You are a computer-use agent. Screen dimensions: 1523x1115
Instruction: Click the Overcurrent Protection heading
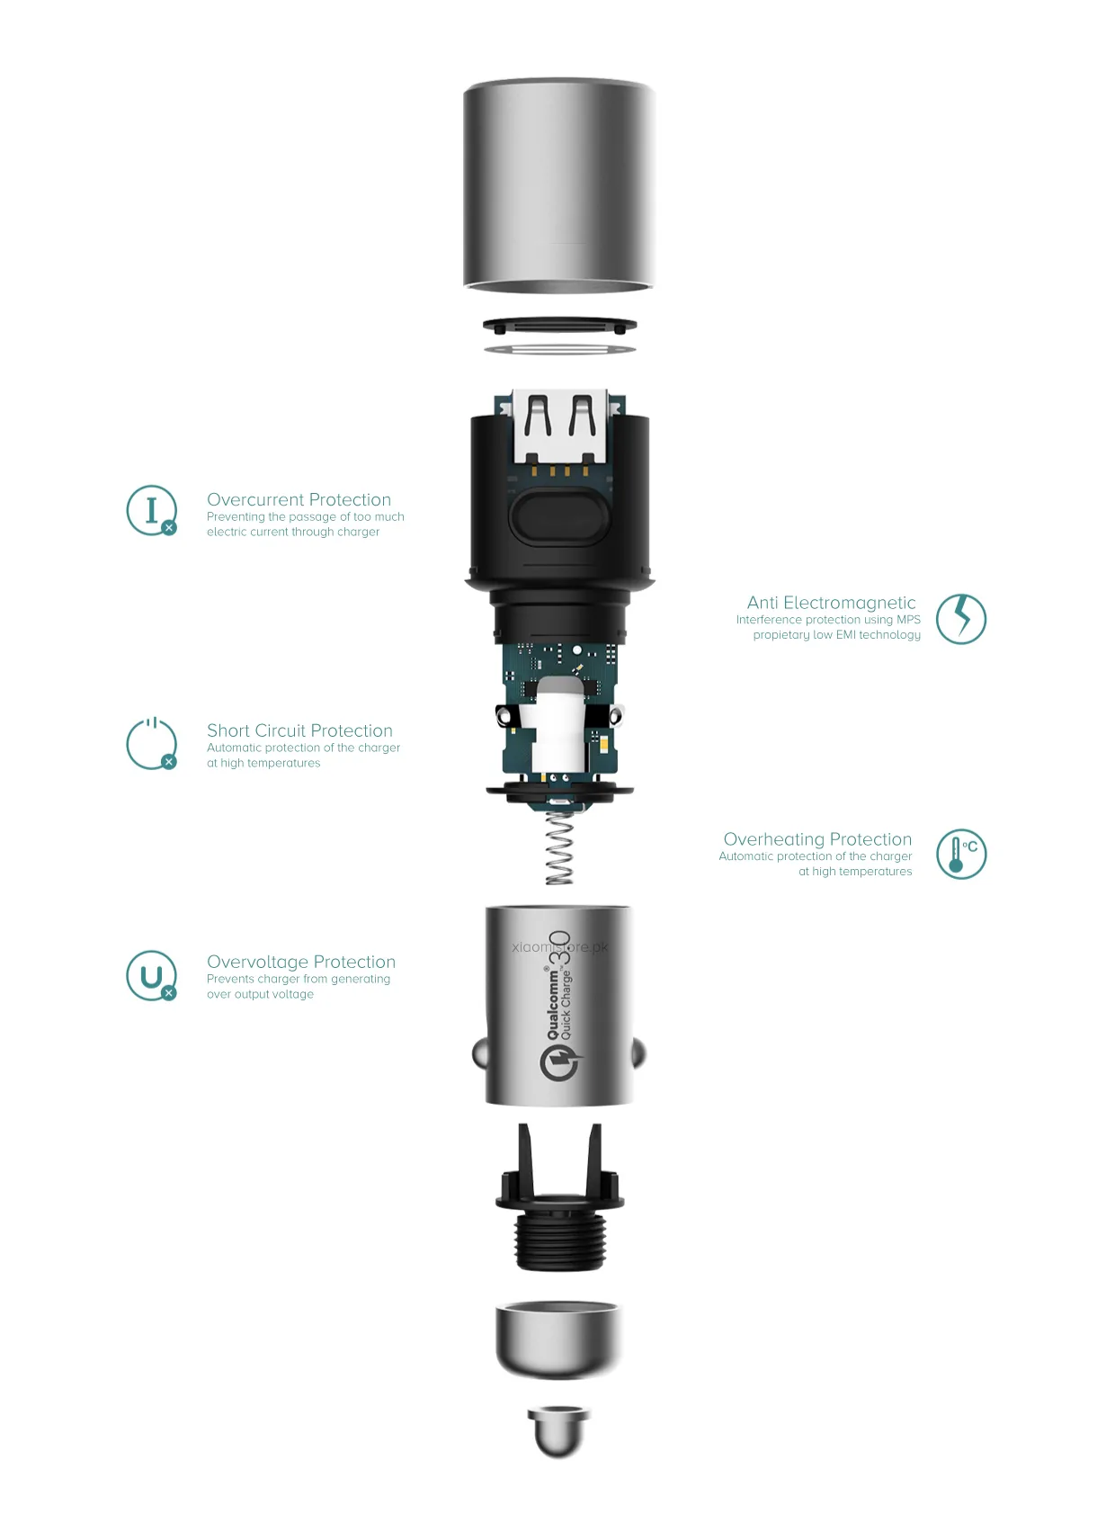[x=299, y=499]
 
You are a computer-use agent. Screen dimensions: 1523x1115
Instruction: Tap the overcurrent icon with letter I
[x=151, y=510]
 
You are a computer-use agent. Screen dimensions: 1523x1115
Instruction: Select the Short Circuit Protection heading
[x=299, y=730]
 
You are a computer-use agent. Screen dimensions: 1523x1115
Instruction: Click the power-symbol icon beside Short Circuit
[x=151, y=744]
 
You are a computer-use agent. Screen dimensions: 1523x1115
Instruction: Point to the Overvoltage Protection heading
[x=300, y=962]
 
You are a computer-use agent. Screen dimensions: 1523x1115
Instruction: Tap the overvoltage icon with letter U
[x=151, y=975]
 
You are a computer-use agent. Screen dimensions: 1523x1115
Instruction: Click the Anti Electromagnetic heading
[x=831, y=603]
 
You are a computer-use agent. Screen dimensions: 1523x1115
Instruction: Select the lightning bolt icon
[x=960, y=618]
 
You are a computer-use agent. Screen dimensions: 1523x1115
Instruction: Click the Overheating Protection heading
[x=817, y=839]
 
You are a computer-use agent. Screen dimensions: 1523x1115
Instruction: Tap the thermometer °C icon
[x=960, y=854]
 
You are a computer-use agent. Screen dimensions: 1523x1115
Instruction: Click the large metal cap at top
[x=558, y=184]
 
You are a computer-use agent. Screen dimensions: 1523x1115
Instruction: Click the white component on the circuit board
[x=559, y=724]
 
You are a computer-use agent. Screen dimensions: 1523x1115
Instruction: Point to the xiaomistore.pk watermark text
[x=559, y=946]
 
